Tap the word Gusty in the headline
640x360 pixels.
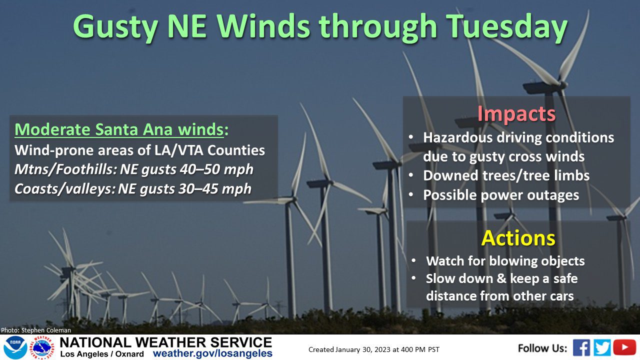pos(115,27)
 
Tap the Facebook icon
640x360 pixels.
pos(581,347)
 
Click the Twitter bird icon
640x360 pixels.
pos(602,347)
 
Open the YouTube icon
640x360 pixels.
pos(624,347)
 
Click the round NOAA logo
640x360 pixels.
pos(15,347)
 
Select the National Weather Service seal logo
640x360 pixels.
pos(42,347)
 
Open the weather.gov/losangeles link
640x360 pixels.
pos(212,353)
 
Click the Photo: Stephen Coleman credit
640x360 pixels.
pos(36,330)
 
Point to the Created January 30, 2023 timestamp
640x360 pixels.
pos(373,349)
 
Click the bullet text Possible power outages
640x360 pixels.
pos(501,195)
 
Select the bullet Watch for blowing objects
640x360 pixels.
pos(505,261)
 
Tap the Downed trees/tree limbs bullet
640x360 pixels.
pos(506,175)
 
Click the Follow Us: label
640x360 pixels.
pos(542,348)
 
